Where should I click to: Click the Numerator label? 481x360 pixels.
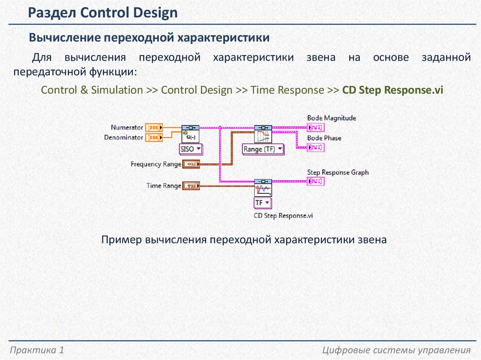pos(127,127)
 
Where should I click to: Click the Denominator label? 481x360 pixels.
pos(124,138)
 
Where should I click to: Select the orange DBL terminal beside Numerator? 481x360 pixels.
pos(154,127)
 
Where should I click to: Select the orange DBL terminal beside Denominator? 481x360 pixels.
pos(154,138)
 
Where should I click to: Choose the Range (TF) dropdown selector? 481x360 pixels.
pos(263,149)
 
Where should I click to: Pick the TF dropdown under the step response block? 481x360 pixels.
pos(263,203)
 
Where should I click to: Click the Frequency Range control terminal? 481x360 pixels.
pos(191,164)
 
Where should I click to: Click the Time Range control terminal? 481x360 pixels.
pos(191,186)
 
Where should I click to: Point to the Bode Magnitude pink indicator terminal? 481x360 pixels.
pos(315,127)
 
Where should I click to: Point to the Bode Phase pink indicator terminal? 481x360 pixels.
pos(315,147)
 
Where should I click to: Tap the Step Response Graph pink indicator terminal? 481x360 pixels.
pos(315,181)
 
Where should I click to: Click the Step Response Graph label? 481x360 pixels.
pos(338,172)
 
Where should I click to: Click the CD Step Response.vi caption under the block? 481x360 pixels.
pos(283,215)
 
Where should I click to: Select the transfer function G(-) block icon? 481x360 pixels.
pos(191,134)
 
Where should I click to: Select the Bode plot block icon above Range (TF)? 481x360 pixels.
pos(263,134)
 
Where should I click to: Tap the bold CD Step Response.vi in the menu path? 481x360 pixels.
pos(393,90)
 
